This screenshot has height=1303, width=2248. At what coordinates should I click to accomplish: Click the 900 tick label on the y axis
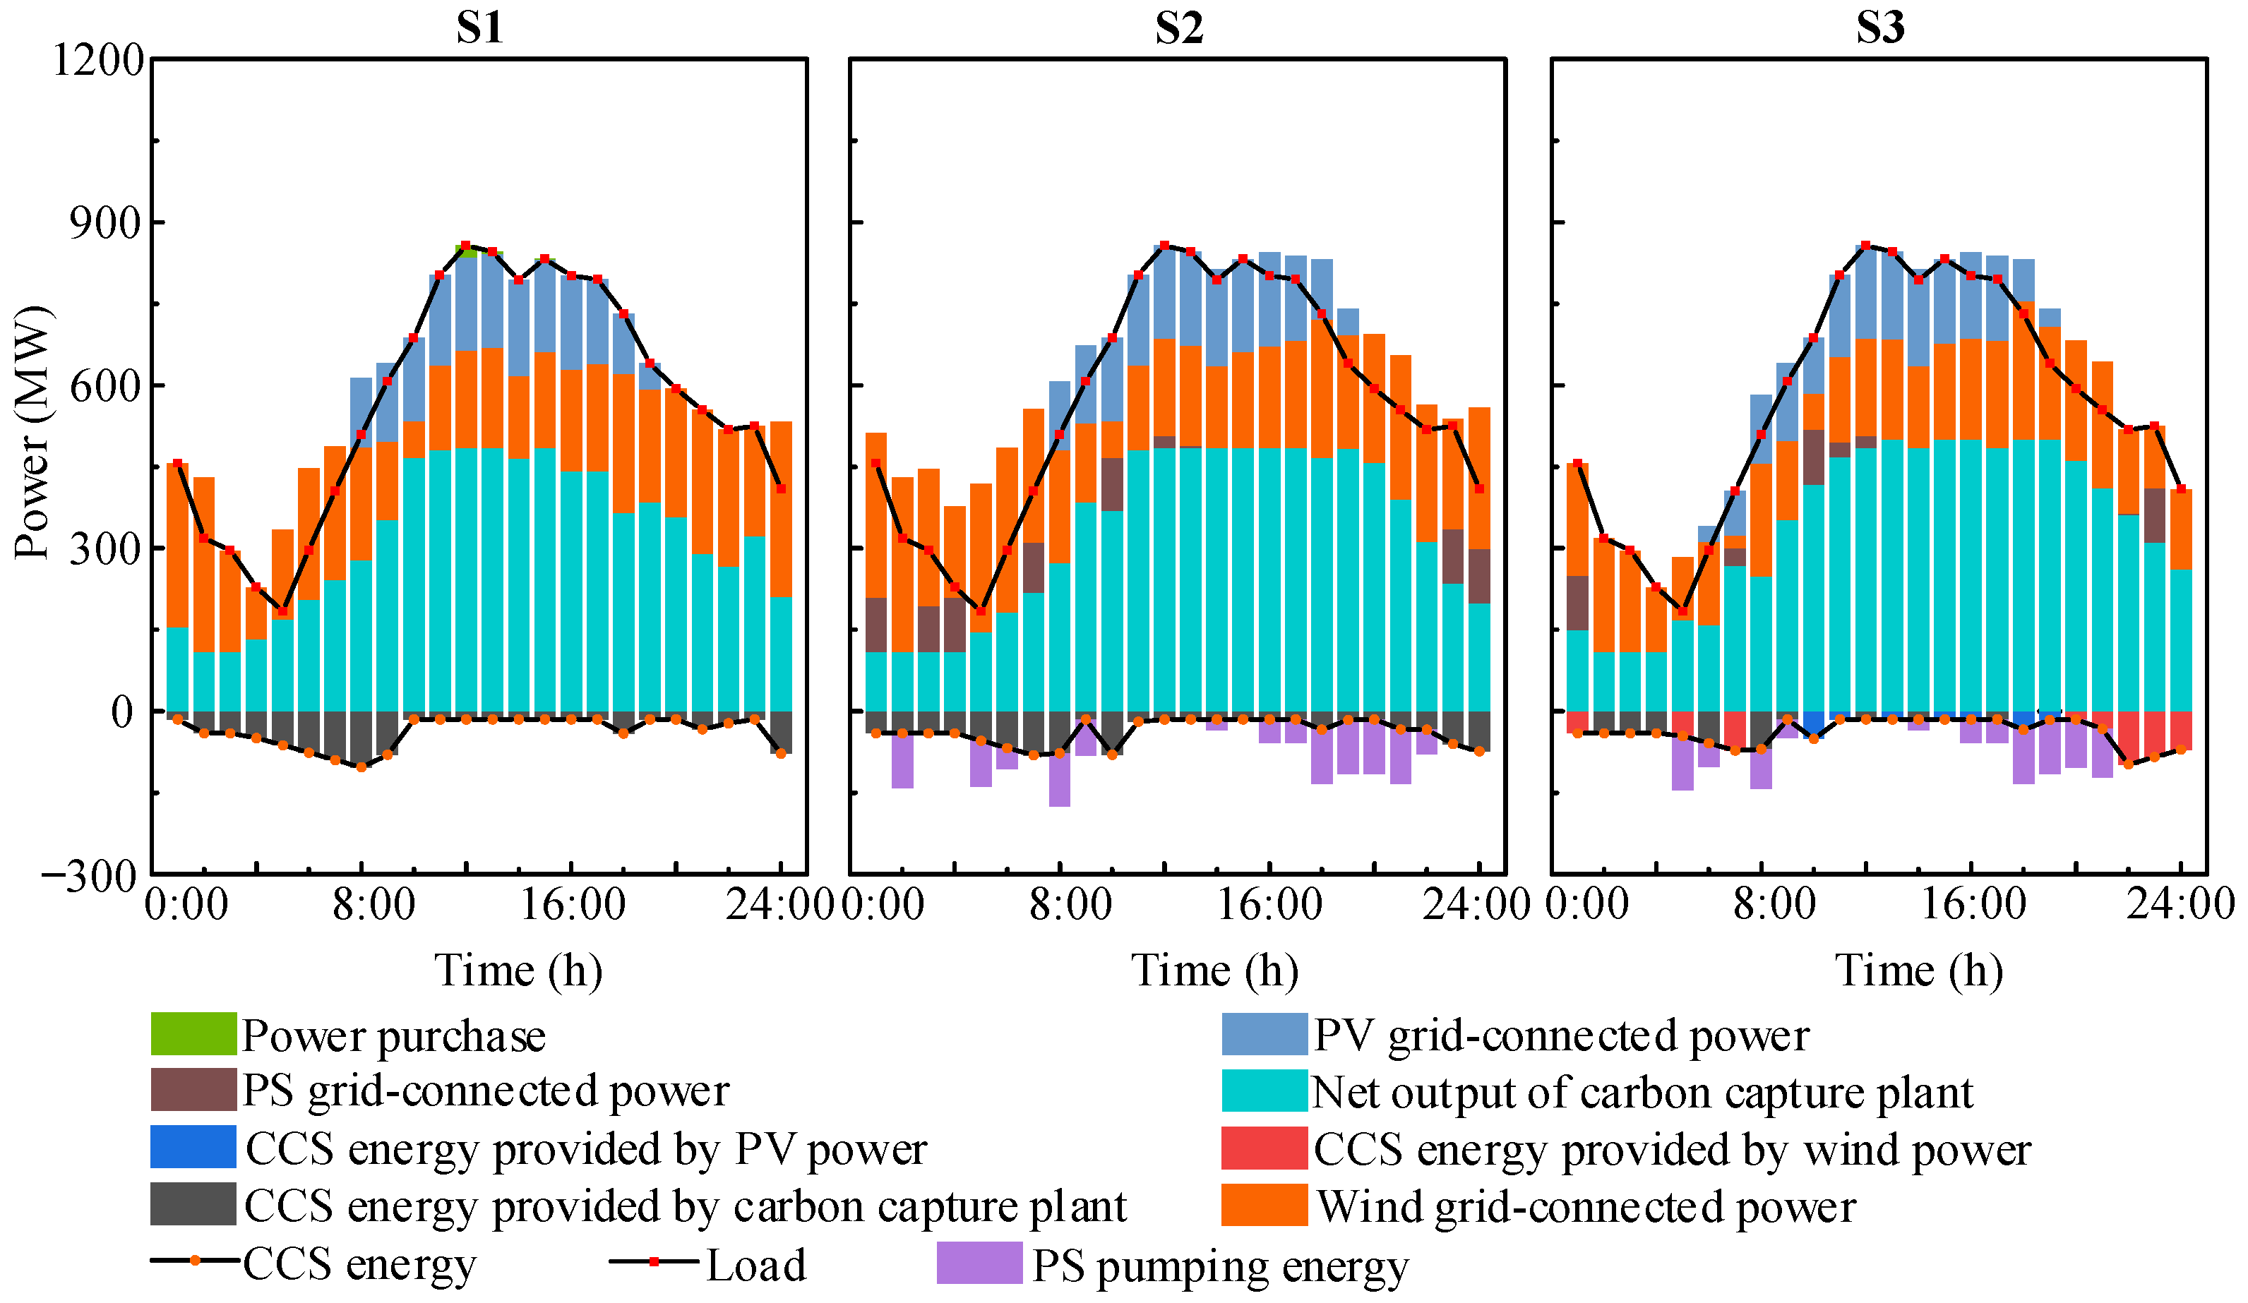[x=106, y=223]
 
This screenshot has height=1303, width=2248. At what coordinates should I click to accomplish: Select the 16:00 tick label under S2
[x=1269, y=905]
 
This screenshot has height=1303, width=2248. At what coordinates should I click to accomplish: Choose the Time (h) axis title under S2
[x=1214, y=971]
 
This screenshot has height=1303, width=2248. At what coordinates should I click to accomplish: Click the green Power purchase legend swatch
[x=193, y=1035]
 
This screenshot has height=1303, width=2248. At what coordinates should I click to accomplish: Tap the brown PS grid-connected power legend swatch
[x=193, y=1090]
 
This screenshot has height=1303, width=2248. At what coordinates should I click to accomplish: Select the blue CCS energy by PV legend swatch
[x=193, y=1148]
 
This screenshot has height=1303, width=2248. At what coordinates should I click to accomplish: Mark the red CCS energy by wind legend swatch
[x=1264, y=1148]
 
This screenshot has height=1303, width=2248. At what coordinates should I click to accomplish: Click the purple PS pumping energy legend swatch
[x=979, y=1263]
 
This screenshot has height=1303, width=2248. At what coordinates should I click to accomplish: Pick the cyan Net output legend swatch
[x=1264, y=1091]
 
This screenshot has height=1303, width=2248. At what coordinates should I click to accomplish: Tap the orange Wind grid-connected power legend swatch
[x=1264, y=1205]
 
